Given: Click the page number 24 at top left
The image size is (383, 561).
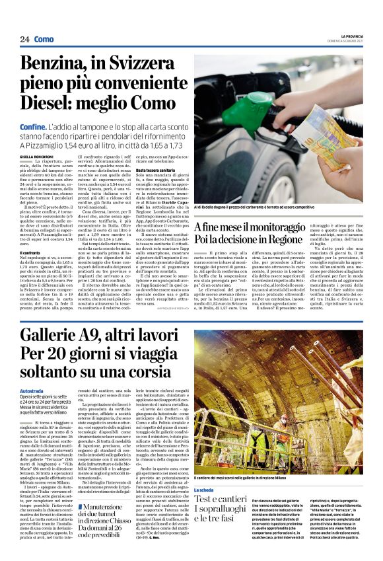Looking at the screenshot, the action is click(24, 40).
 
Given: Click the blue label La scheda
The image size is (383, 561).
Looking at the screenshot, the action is click(204, 490).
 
